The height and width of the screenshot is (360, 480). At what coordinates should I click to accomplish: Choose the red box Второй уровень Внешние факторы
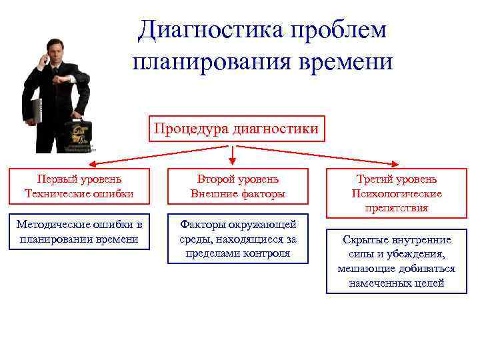(x=238, y=186)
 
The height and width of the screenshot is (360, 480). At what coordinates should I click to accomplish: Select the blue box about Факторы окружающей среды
(x=238, y=239)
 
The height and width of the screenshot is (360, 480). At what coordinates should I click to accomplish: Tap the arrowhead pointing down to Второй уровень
(x=233, y=161)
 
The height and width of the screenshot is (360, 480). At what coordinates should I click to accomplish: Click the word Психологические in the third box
(x=396, y=194)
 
